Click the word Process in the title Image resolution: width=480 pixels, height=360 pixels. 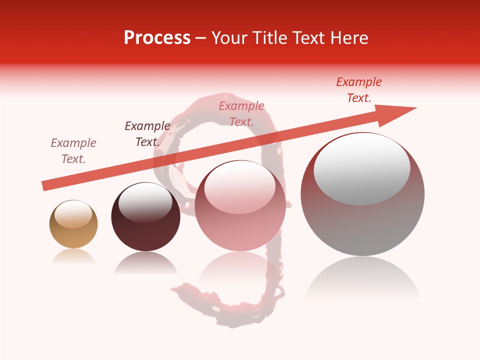157,38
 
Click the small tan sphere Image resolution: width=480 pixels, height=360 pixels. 73,232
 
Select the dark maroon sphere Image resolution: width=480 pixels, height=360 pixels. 145,230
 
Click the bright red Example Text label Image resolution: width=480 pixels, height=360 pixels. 359,90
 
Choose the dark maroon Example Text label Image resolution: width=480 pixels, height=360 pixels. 147,134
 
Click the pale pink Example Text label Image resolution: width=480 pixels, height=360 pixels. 241,113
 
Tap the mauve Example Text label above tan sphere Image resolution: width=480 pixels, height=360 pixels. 73,150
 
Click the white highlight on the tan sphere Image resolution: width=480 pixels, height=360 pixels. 73,214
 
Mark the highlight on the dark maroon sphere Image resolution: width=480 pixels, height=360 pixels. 145,202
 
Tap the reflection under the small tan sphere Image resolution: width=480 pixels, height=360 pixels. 73,256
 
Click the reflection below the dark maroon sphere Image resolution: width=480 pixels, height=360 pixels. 145,262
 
